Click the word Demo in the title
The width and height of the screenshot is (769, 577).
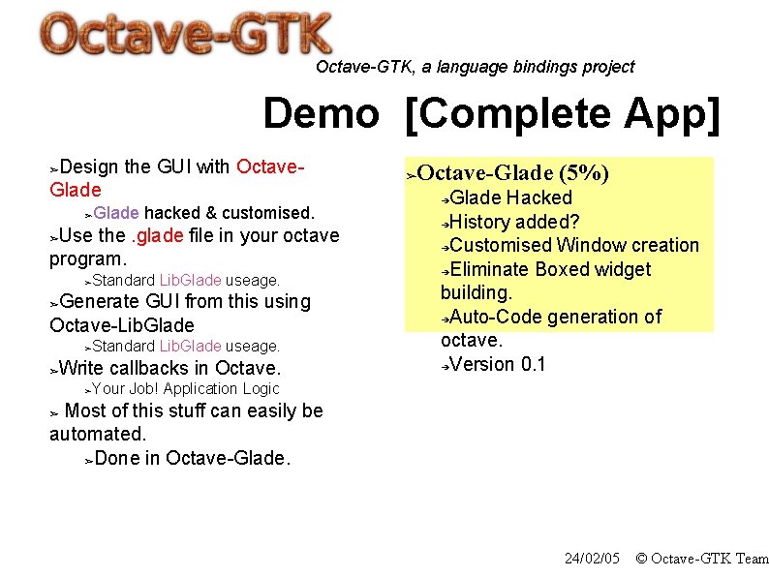pyautogui.click(x=321, y=113)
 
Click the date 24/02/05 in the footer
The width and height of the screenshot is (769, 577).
pyautogui.click(x=592, y=559)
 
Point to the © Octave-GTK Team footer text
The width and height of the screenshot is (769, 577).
pyautogui.click(x=701, y=559)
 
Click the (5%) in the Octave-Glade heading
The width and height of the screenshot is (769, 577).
pyautogui.click(x=584, y=173)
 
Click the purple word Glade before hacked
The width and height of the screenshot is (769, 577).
pyautogui.click(x=116, y=212)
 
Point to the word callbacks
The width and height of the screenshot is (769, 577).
pyautogui.click(x=150, y=368)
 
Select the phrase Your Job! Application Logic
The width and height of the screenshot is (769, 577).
pyautogui.click(x=185, y=389)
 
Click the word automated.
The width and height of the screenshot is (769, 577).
pyautogui.click(x=97, y=434)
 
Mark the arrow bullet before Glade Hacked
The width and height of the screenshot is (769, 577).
pyautogui.click(x=445, y=198)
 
